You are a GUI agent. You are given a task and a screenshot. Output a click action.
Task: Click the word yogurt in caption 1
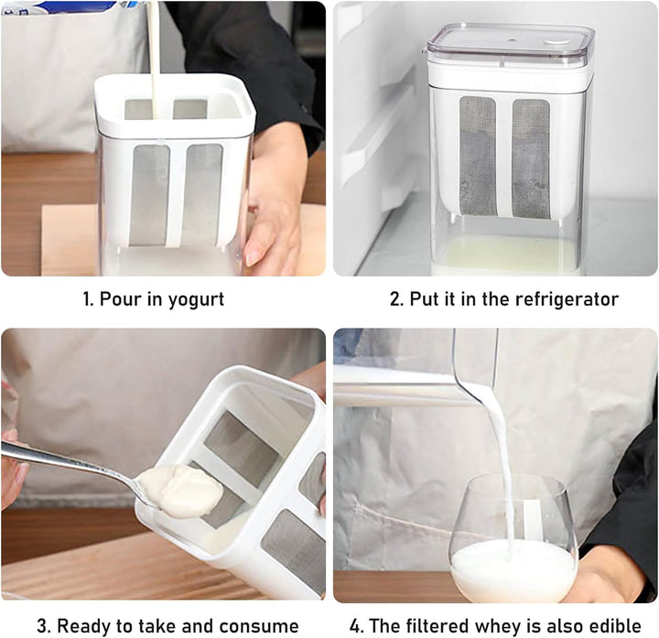tap(196, 300)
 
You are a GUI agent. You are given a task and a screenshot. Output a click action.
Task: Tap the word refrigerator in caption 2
tap(567, 299)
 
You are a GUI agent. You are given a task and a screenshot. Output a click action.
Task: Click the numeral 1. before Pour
tap(88, 299)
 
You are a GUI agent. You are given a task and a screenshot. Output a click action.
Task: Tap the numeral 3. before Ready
tap(43, 626)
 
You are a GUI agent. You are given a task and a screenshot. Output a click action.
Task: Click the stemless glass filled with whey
tap(513, 540)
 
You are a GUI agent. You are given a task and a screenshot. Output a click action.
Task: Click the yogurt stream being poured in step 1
tap(154, 59)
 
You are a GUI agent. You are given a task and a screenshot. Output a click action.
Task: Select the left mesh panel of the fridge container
tap(478, 156)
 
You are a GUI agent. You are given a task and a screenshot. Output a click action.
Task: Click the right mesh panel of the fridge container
tap(531, 159)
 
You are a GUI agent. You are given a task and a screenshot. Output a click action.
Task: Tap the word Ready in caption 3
tap(82, 626)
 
